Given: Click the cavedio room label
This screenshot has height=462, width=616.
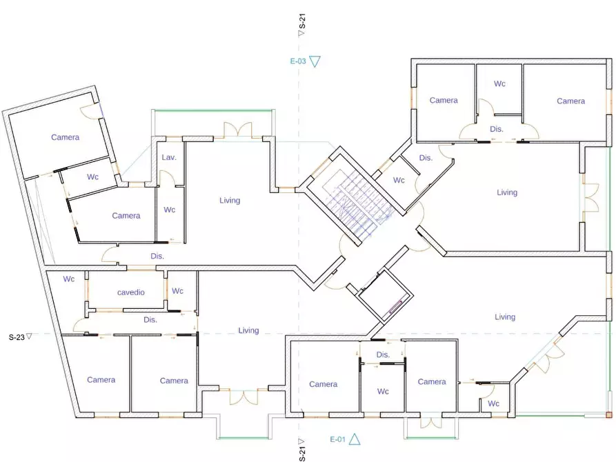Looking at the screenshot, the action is [131, 292].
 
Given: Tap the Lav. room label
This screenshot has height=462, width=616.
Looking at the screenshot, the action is [169, 157].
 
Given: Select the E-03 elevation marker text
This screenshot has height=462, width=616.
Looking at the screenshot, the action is [298, 61].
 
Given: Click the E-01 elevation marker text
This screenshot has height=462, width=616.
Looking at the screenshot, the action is [337, 439].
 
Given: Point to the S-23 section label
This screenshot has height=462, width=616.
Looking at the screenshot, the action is [17, 337].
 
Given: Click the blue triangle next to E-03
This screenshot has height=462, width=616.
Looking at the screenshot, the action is [315, 61].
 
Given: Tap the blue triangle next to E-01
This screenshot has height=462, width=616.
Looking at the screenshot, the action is [355, 439].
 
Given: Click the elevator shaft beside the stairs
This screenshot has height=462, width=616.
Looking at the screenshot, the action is [384, 295].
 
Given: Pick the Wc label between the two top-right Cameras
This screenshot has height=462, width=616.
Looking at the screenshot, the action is [499, 83].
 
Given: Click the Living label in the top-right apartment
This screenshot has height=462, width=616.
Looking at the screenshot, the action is [507, 192].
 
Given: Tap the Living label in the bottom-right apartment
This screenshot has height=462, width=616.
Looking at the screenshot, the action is [505, 317].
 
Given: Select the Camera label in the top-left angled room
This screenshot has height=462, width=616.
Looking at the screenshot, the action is [66, 137].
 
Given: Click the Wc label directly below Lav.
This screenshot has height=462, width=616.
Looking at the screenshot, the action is [169, 210].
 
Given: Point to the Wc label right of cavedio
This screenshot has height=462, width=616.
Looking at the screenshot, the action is [177, 291].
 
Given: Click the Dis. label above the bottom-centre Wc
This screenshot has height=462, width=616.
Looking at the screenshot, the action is [383, 354].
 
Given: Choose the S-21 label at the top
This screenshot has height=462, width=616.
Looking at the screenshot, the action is [302, 21].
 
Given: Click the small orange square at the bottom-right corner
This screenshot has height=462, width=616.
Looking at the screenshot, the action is [609, 415].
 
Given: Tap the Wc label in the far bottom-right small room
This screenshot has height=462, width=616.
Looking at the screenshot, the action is [493, 403].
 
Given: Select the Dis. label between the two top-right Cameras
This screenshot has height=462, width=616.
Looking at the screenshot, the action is [497, 129].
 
